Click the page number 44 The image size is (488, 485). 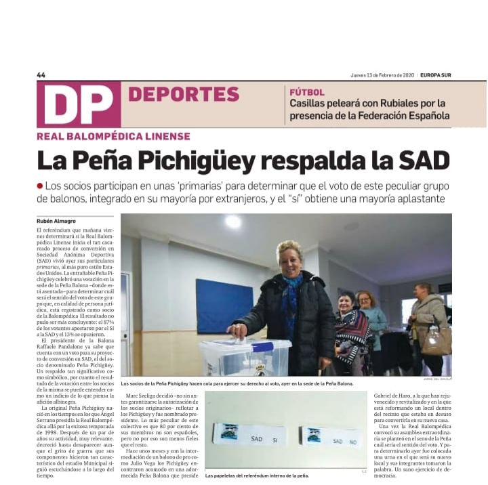[x=41, y=75]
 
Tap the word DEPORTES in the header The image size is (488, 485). [x=183, y=94]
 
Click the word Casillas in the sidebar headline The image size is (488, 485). [x=312, y=104]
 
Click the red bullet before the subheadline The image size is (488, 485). [x=40, y=186]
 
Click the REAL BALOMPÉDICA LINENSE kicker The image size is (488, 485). [x=113, y=136]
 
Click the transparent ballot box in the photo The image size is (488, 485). [x=245, y=356]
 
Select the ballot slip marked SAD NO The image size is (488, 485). [x=331, y=436]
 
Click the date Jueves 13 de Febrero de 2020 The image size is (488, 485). [x=382, y=75]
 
